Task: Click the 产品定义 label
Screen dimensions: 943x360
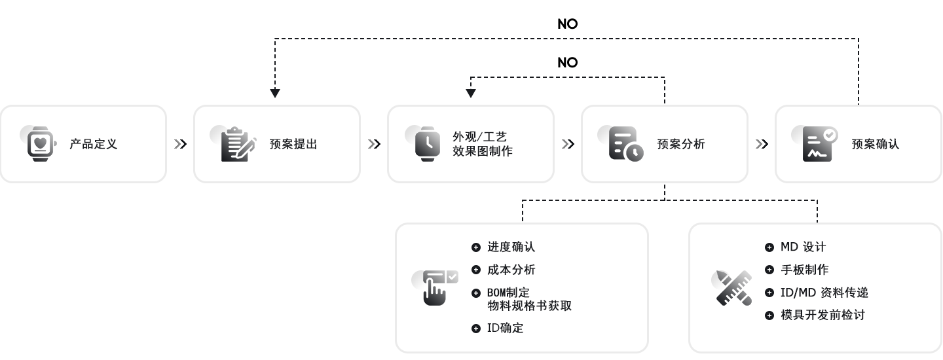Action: (94, 144)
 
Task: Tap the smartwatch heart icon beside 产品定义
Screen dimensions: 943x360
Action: (39, 144)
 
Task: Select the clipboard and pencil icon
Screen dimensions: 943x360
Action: (236, 144)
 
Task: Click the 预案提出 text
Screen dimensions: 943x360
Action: (293, 144)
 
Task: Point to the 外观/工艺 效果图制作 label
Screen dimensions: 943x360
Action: (483, 144)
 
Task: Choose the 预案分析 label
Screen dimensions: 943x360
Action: (681, 144)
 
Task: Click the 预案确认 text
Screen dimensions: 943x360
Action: (875, 144)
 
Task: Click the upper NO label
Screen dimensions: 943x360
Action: (568, 24)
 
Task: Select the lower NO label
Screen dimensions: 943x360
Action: (568, 63)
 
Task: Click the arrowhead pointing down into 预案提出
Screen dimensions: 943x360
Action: (275, 93)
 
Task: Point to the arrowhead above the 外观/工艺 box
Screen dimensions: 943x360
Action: (471, 93)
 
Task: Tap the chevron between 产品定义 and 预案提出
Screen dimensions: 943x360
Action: (181, 144)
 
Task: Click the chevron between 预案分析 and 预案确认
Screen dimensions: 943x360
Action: (762, 144)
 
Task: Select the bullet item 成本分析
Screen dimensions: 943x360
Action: (511, 270)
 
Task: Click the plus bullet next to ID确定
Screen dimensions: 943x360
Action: (476, 329)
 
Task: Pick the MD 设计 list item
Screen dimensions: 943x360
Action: (804, 247)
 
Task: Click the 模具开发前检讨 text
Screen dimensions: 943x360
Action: (823, 315)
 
